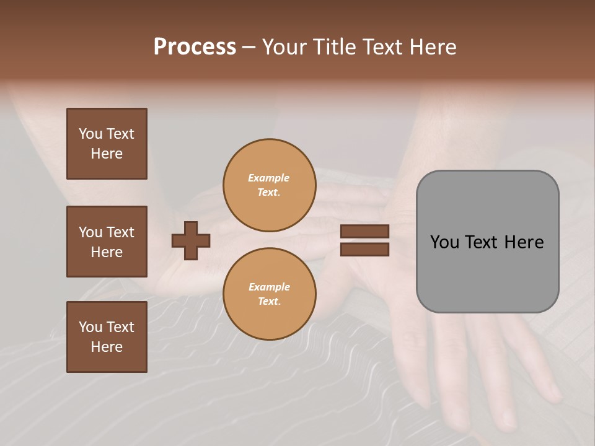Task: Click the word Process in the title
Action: coord(195,47)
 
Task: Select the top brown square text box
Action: coord(107,144)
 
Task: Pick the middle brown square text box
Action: coord(107,242)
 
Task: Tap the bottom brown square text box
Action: coord(107,337)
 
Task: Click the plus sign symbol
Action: coord(191,240)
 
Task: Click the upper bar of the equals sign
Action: coord(364,231)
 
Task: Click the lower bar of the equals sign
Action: coord(364,249)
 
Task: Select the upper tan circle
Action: coord(269,185)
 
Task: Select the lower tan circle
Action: coord(269,294)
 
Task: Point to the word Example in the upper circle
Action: coord(269,178)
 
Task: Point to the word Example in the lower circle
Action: coord(269,287)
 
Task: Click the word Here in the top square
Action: coord(107,154)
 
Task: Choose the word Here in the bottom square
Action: coord(107,347)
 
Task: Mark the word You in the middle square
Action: coord(90,232)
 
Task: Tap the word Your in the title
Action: coord(286,47)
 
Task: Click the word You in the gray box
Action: coord(445,242)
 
